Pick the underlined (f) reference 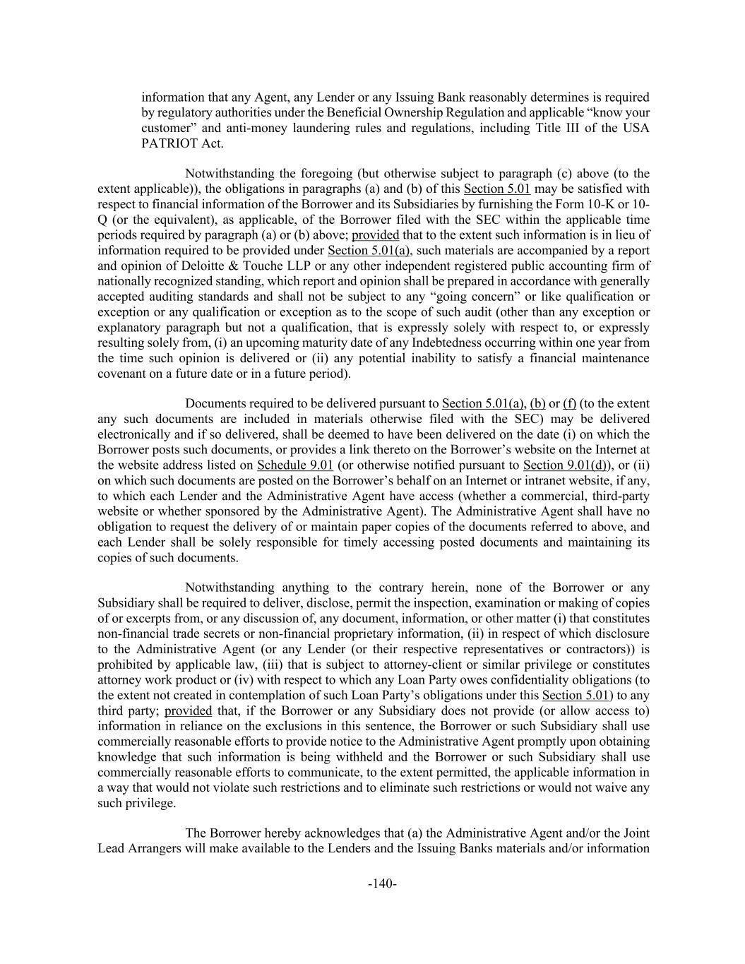(x=569, y=404)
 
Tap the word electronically (x=132, y=435)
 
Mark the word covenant (x=122, y=374)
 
